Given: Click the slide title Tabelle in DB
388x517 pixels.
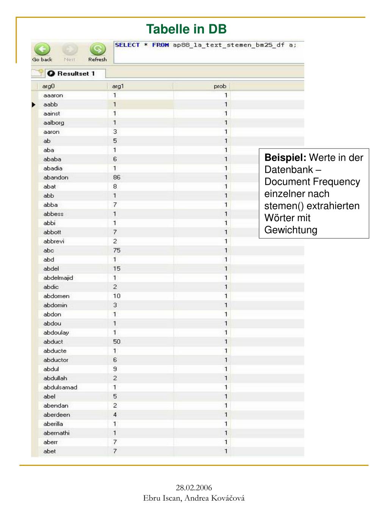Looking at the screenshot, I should pyautogui.click(x=186, y=29).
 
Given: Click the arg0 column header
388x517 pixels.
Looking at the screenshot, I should pyautogui.click(x=48, y=86).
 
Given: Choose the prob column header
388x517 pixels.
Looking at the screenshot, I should pyautogui.click(x=220, y=86).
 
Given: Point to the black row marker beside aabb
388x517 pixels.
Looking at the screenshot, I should pyautogui.click(x=34, y=105).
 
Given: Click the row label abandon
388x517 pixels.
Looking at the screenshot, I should pyautogui.click(x=56, y=178).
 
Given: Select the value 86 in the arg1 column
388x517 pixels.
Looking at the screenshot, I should pyautogui.click(x=116, y=178).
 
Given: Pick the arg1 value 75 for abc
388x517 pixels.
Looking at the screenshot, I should pyautogui.click(x=116, y=250).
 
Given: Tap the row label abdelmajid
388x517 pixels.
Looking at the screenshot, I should pyautogui.click(x=58, y=278).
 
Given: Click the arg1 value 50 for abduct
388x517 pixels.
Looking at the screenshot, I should pyautogui.click(x=116, y=342).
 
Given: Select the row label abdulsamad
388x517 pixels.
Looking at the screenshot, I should pyautogui.click(x=60, y=387).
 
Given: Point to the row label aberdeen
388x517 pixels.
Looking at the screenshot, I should pyautogui.click(x=56, y=415).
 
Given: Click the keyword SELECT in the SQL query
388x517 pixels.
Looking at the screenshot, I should pyautogui.click(x=127, y=45).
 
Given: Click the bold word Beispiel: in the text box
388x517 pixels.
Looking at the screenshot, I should pyautogui.click(x=285, y=158).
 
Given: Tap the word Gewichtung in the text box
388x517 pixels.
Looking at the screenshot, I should pyautogui.click(x=291, y=230).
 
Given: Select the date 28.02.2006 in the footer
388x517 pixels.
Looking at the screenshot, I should pyautogui.click(x=194, y=487).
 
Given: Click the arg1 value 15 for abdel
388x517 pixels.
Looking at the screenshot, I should pyautogui.click(x=116, y=269).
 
